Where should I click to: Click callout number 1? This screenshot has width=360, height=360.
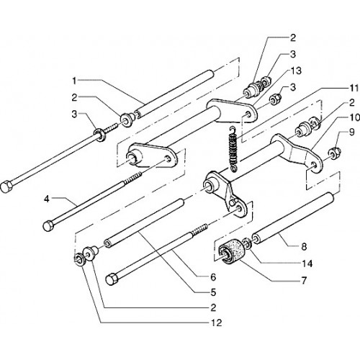pos(74,81)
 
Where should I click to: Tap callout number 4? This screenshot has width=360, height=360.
pos(47,199)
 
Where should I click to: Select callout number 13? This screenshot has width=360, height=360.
pos(296,71)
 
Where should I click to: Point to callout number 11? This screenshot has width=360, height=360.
pos(354,88)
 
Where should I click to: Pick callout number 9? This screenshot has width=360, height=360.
pos(351,132)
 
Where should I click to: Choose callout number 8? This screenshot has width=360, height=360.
pos(304,246)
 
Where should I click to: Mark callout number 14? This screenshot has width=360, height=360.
pos(307,264)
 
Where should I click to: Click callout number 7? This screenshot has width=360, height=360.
pos(304,280)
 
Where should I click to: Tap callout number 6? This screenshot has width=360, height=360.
pos(213,277)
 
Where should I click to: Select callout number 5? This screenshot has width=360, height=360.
pos(213,292)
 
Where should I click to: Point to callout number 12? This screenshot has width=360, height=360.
pos(216,323)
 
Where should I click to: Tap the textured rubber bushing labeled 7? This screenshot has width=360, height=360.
pos(231,253)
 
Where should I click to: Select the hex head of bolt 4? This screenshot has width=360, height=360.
pos(48,226)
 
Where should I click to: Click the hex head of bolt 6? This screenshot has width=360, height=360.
pos(111,280)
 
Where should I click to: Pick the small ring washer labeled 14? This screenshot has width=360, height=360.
pos(247,243)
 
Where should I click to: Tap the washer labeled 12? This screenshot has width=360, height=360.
pos(78,259)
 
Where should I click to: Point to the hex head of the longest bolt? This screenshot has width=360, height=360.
pos(6,186)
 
